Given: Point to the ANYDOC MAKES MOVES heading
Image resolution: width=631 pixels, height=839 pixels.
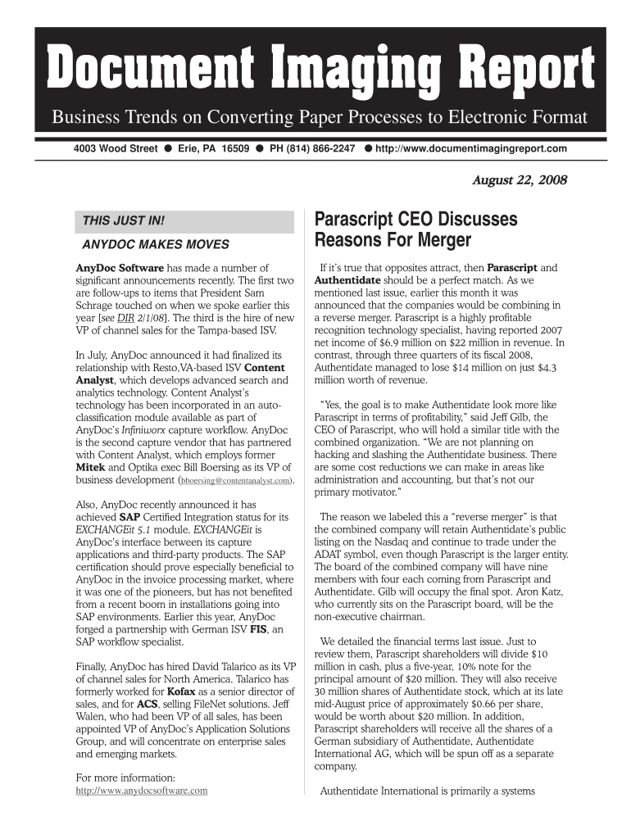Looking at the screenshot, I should coord(156,244).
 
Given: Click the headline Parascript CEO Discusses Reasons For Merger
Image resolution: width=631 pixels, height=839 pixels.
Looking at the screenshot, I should coord(416,230).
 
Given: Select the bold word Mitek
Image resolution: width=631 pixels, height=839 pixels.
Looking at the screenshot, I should coord(92,466).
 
